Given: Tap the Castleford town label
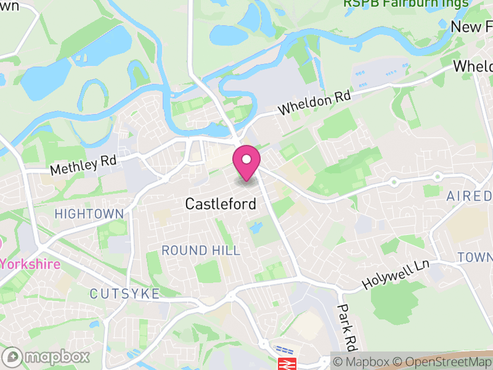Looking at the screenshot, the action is coord(221,203).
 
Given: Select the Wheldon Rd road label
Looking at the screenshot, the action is coord(314,103).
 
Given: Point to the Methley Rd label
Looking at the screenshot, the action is coord(83,164).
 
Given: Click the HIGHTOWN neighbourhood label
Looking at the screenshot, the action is coord(89,214).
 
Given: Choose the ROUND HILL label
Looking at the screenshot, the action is coord(201,250).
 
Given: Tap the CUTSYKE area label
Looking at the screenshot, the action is coord(124,294).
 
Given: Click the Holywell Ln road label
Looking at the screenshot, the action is coord(395,275).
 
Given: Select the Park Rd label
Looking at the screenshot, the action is coord(348,326).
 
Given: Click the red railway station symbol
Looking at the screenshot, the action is coord(287,363).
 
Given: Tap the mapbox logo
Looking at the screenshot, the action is coord(46,356).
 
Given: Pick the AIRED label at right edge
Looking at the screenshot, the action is coord(470,196).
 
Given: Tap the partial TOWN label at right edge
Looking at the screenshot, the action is coord(475,257).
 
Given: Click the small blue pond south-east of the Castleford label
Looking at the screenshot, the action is coord(256,228).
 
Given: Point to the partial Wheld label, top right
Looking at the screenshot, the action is coord(473,67).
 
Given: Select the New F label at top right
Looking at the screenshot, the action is coord(471,27).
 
